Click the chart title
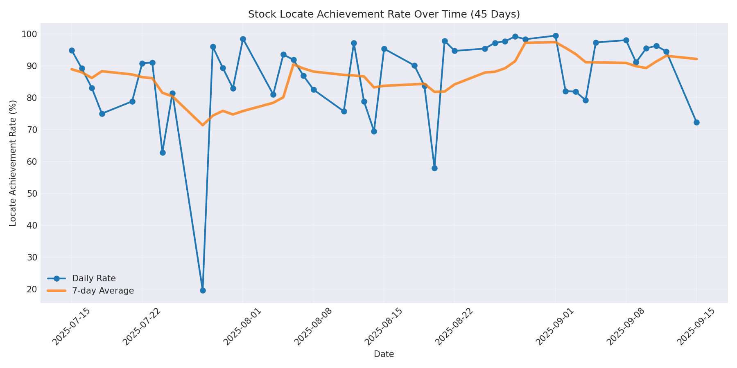pyautogui.click(x=384, y=14)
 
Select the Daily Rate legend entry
pyautogui.click(x=94, y=278)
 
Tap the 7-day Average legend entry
pyautogui.click(x=103, y=291)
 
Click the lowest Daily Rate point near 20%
pyautogui.click(x=203, y=290)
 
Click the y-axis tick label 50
pyautogui.click(x=32, y=193)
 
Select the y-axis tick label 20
pyautogui.click(x=32, y=289)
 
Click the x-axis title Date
pyautogui.click(x=384, y=355)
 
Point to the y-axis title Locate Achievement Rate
pyautogui.click(x=13, y=163)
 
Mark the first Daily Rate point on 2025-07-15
pyautogui.click(x=72, y=51)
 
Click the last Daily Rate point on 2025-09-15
pyautogui.click(x=696, y=122)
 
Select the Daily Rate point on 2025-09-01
pyautogui.click(x=556, y=36)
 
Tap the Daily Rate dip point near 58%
pyautogui.click(x=434, y=168)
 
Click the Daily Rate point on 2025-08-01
pyautogui.click(x=243, y=39)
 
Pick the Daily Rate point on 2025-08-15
pyautogui.click(x=384, y=49)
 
